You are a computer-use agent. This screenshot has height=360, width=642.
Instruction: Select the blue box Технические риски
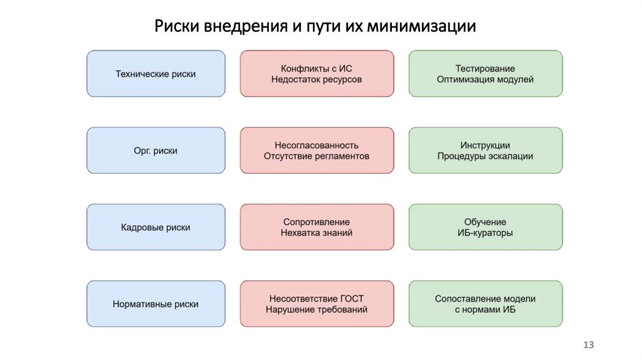coord(155,74)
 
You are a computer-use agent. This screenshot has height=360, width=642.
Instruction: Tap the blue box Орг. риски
coord(155,151)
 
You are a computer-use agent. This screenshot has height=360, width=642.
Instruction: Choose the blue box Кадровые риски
coord(155,227)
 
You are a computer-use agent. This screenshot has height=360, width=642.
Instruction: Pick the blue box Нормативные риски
coord(155,304)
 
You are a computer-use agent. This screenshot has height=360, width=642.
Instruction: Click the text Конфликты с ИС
coord(317,68)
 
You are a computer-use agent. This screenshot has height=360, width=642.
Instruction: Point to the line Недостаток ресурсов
coord(317,80)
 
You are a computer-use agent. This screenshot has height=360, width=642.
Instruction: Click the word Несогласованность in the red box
coord(317,144)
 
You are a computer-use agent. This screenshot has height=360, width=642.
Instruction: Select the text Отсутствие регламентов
coord(317,156)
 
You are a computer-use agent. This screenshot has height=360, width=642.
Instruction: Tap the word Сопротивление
coord(317,221)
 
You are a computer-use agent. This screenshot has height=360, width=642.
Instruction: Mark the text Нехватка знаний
coord(317,233)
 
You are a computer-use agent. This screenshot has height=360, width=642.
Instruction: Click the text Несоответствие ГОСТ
coord(317,298)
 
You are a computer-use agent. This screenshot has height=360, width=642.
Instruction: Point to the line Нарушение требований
coord(317,310)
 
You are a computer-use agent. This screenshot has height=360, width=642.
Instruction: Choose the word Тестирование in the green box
coord(485,68)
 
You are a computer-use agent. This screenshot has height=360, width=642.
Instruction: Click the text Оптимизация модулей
coord(485,80)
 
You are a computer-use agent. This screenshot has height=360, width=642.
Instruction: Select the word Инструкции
coord(485,144)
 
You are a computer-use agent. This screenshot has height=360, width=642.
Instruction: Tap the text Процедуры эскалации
coord(485,156)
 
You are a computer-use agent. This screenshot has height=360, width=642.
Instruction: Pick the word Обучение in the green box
coord(485,221)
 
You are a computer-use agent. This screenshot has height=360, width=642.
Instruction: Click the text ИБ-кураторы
coord(485,233)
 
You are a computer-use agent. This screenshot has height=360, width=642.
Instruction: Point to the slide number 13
coord(588,345)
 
